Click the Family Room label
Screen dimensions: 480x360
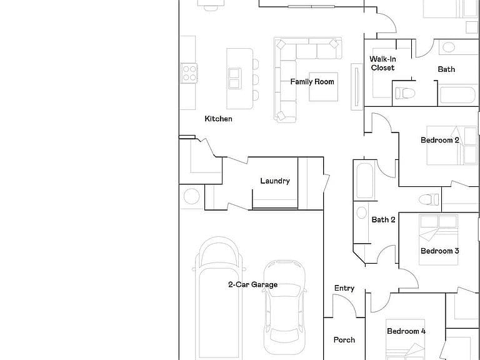312,82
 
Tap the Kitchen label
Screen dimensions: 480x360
218,119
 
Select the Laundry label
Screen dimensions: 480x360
275,181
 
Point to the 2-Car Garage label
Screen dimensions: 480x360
253,285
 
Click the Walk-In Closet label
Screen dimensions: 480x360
382,63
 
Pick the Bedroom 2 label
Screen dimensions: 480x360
440,140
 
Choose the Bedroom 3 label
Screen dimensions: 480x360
440,251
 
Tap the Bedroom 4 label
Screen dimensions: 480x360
406,331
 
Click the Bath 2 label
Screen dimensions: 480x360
383,220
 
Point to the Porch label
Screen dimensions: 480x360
344,340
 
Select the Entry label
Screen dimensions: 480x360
344,288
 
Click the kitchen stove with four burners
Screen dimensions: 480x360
189,73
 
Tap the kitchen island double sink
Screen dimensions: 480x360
235,79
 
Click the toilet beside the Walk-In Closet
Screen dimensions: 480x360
405,93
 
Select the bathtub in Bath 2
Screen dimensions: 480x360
365,181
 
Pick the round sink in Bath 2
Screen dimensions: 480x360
361,212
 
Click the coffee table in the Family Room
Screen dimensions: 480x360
324,87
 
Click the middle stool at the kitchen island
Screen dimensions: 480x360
256,80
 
